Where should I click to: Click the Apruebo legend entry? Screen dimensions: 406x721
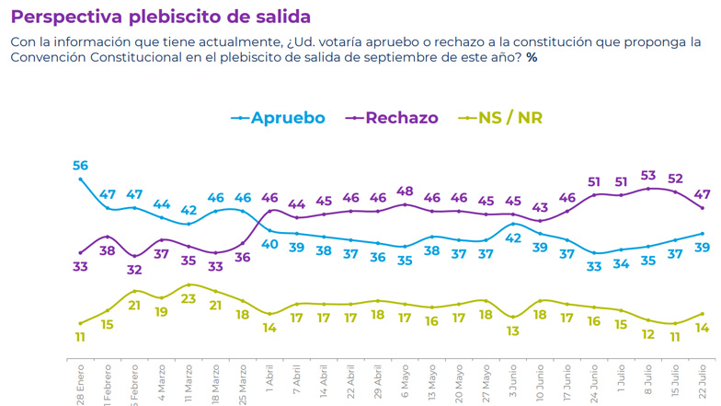click(287, 118)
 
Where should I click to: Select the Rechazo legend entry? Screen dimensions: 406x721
click(401, 118)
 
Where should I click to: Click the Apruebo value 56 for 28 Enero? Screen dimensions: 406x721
click(80, 166)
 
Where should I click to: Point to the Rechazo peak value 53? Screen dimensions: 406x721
click(647, 175)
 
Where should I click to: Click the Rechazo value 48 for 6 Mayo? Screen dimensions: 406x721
click(405, 191)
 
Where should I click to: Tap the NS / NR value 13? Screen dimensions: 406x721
click(513, 331)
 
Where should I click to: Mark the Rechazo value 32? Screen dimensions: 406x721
click(135, 270)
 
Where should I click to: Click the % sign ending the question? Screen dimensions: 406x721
click(532, 57)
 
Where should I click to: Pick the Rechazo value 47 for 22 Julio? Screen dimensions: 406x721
click(702, 194)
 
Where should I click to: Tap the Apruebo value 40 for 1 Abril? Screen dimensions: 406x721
click(269, 244)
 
